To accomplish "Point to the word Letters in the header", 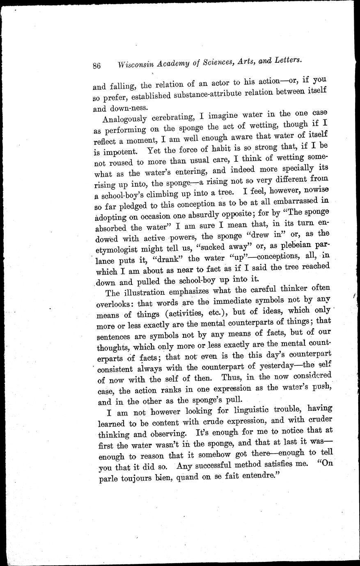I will click(287, 60).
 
